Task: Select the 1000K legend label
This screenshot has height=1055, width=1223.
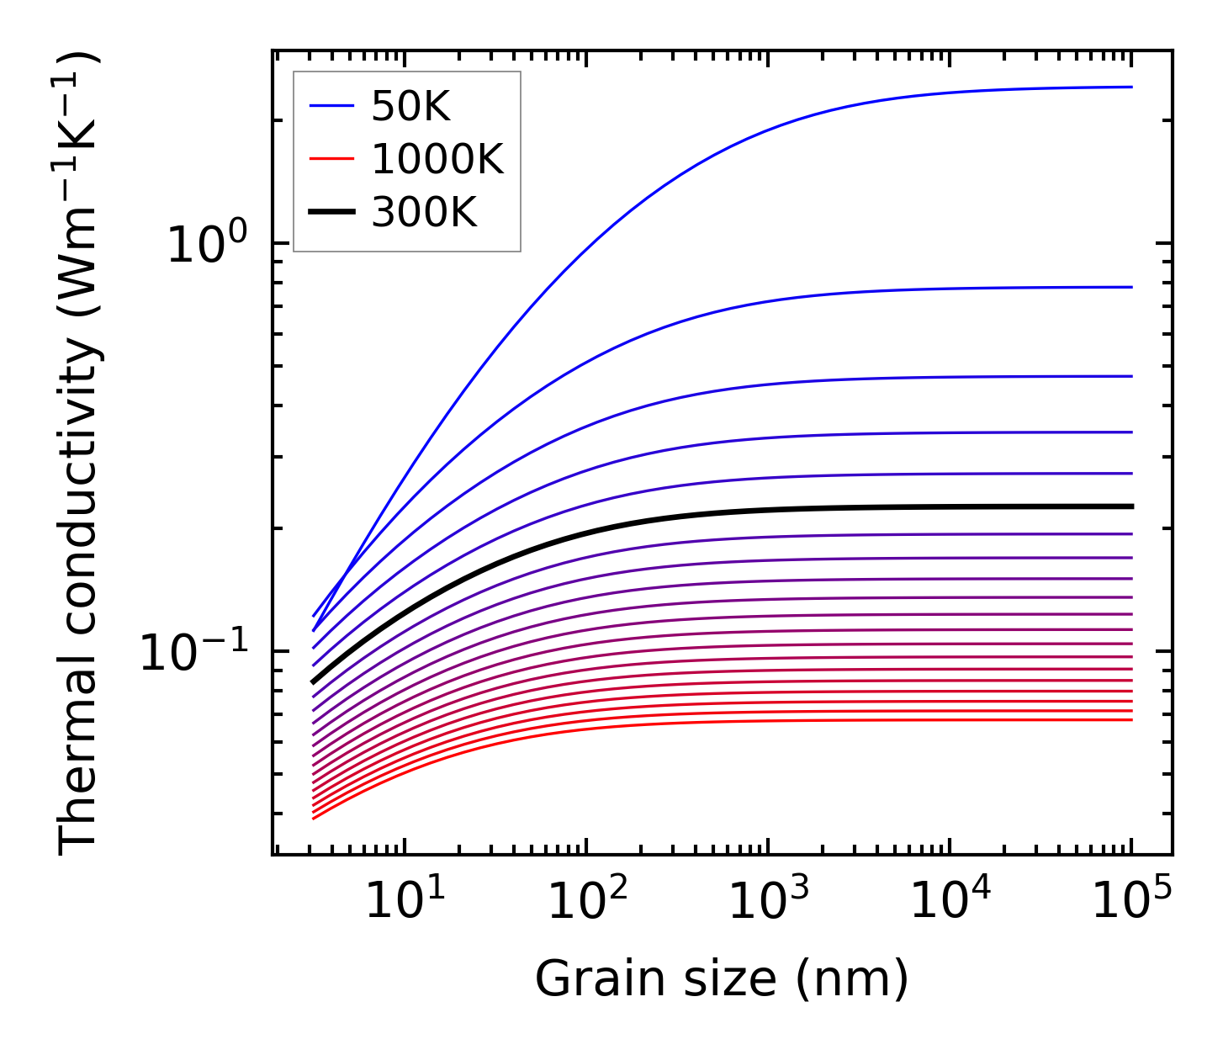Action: (437, 159)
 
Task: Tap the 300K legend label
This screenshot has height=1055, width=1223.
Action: (424, 213)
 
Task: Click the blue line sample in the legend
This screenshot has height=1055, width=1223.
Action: (332, 106)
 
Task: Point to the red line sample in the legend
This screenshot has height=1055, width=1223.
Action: (332, 159)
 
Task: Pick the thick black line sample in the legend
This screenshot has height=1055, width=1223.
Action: (332, 213)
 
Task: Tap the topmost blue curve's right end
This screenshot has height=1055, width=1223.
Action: (1131, 87)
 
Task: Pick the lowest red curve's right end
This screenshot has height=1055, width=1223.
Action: (1131, 719)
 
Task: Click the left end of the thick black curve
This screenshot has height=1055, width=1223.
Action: (313, 682)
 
